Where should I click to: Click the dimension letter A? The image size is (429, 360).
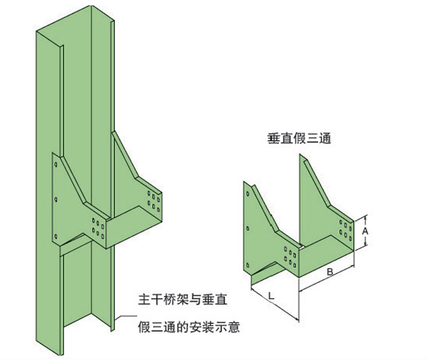click(x=366, y=231)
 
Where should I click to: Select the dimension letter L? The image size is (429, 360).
click(x=271, y=297)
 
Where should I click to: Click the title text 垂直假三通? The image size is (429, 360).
click(x=299, y=139)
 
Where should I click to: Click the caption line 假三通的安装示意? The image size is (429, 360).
click(x=189, y=328)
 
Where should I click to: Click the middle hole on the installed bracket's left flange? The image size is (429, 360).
click(x=56, y=200)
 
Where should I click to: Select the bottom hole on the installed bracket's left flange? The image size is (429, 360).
click(x=57, y=236)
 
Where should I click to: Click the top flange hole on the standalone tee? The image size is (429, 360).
click(x=248, y=193)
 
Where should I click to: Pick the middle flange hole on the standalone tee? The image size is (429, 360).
click(x=248, y=228)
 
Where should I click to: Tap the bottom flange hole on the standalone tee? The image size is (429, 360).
click(x=248, y=262)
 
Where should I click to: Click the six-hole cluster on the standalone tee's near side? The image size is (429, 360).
click(x=290, y=256)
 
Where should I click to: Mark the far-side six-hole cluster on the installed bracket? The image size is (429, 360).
click(x=153, y=200)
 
